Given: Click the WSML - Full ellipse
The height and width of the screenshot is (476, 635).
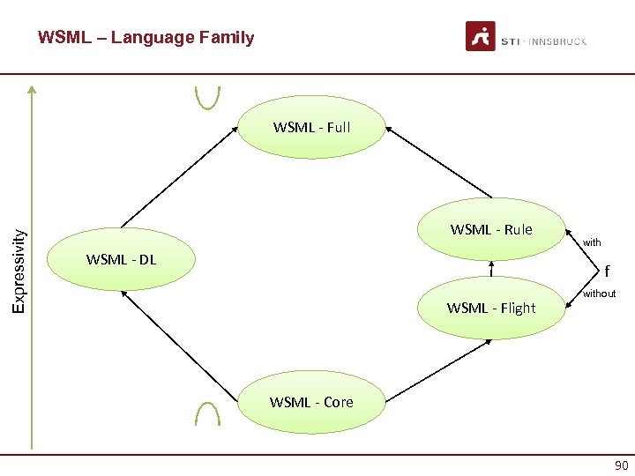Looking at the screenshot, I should [312, 127].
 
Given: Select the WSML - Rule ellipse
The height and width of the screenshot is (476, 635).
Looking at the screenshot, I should [491, 230].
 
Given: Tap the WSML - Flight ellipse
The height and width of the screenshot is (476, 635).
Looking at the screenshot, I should [491, 308].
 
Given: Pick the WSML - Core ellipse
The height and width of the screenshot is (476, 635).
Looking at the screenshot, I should [312, 402].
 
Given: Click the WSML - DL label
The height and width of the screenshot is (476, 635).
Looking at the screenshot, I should [121, 259].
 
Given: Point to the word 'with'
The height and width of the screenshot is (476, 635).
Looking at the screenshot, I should [592, 242].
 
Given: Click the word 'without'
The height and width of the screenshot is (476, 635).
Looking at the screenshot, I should [599, 294].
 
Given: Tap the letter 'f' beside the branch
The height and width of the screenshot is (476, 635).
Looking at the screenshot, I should [607, 271].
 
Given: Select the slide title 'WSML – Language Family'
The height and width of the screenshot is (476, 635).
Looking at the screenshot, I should [146, 38].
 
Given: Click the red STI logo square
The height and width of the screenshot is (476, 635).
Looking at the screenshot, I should [480, 37].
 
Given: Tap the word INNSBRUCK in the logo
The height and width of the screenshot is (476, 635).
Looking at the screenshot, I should [557, 41].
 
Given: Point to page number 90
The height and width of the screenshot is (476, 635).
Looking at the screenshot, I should [621, 465].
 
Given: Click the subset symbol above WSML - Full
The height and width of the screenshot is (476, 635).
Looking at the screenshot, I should [207, 95].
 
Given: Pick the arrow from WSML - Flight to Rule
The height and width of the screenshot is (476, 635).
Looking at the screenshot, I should [490, 268].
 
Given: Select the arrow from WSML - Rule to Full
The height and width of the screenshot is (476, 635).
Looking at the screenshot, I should [438, 162].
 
